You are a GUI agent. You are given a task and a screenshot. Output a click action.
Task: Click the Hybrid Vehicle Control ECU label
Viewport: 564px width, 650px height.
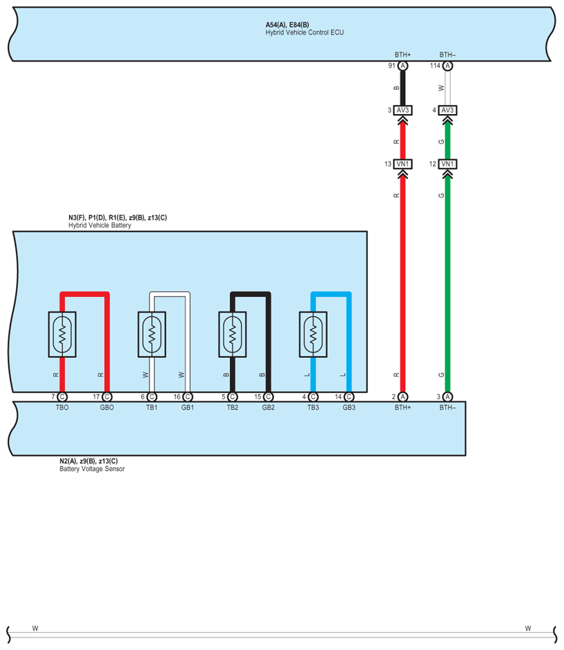click(304, 32)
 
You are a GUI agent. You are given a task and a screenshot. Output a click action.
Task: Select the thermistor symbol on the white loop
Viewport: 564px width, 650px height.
click(153, 335)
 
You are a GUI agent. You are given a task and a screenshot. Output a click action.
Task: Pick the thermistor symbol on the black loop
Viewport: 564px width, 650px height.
click(233, 335)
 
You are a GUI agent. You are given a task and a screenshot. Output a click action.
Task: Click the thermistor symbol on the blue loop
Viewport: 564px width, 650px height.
click(313, 335)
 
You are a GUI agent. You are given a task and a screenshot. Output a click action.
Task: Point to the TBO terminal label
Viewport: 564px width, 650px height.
click(61, 408)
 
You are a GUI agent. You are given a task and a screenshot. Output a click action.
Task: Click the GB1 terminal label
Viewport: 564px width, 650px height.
click(188, 408)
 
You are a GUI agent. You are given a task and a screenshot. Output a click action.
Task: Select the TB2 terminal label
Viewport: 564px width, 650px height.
click(233, 408)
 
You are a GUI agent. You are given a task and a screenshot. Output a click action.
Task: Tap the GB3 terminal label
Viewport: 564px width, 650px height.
click(349, 408)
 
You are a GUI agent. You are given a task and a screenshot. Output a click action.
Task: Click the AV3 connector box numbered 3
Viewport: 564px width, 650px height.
click(403, 110)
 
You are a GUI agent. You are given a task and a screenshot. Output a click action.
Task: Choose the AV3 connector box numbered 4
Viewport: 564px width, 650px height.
click(447, 110)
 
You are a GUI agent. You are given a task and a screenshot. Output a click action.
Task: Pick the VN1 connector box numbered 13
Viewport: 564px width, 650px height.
click(403, 164)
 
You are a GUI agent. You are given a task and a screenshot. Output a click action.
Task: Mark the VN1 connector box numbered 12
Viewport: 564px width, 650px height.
click(447, 164)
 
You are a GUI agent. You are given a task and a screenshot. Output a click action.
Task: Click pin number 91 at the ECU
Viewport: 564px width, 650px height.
click(391, 66)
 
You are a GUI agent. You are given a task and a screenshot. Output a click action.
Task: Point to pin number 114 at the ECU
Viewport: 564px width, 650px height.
click(435, 66)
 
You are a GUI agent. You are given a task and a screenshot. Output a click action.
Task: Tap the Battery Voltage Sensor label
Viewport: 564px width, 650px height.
click(92, 469)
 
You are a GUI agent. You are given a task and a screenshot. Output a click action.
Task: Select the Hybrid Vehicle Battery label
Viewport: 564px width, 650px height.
click(99, 225)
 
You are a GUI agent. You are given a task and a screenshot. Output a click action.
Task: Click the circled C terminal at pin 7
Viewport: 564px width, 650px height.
click(62, 396)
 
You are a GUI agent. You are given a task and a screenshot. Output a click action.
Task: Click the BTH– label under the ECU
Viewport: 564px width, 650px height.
click(448, 54)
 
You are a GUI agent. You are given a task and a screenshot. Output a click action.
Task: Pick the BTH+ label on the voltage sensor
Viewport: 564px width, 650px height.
click(402, 408)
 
